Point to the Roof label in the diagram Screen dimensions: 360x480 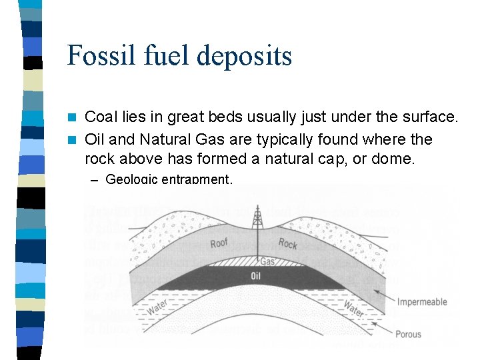pos(219,243)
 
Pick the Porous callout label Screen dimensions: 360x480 pos(408,333)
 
